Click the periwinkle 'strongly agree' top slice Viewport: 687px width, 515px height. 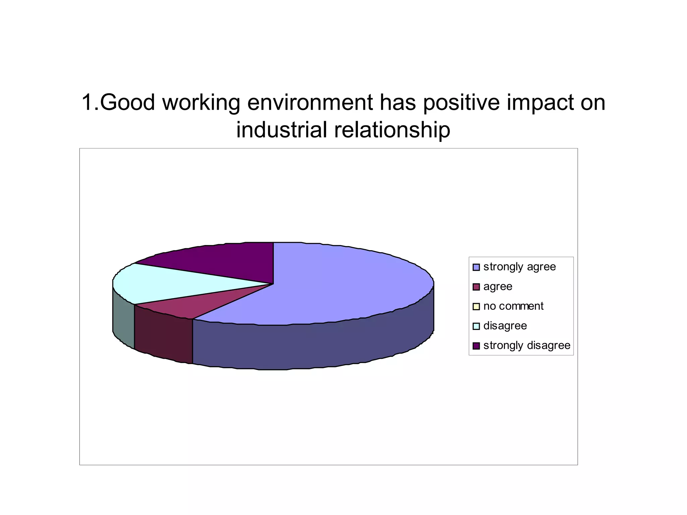pos(335,285)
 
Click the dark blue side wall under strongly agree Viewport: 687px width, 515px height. pos(312,345)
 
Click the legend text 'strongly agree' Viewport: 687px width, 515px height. pos(519,267)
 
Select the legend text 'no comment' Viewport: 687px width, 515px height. pos(513,306)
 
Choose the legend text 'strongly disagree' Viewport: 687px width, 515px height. pos(527,345)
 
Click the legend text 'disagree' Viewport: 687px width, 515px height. pos(505,326)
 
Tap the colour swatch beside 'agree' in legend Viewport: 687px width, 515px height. pos(476,287)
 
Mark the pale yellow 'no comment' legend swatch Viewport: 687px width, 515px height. pos(476,306)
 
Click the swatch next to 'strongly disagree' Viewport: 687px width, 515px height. pos(476,346)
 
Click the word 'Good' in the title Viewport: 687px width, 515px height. pos(127,102)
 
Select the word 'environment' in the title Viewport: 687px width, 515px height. pos(310,102)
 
